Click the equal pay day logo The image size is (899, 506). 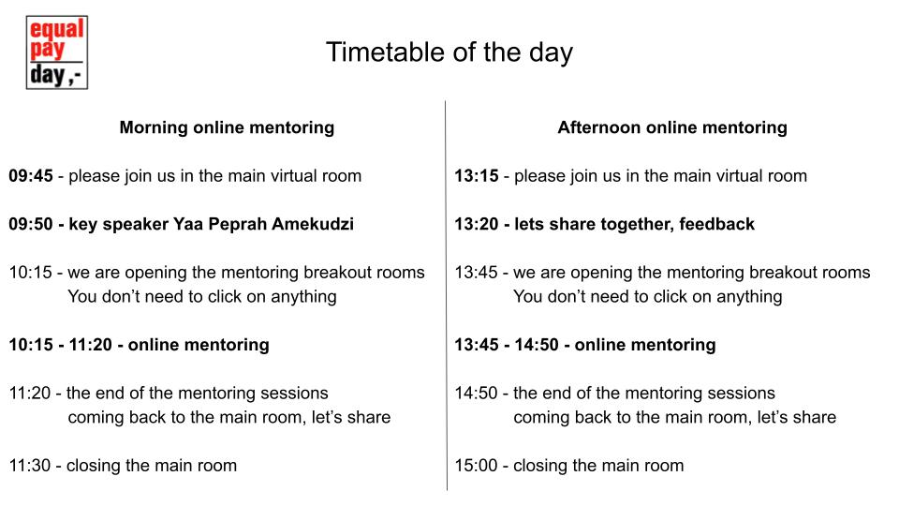tap(57, 52)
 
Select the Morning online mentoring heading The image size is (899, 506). tap(227, 127)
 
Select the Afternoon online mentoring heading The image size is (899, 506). tap(672, 127)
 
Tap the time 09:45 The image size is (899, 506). tap(31, 175)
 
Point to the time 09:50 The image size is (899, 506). tap(31, 224)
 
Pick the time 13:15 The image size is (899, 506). tap(477, 175)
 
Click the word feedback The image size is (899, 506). tap(716, 224)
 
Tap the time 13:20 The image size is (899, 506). tap(477, 224)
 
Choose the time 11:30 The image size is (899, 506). tap(30, 466)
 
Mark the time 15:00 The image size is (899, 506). tap(476, 466)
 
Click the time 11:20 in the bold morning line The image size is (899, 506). tap(91, 345)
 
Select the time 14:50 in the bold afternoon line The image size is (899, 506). tap(537, 345)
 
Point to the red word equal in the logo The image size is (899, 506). tap(57, 29)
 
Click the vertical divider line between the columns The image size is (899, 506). tap(446, 295)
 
